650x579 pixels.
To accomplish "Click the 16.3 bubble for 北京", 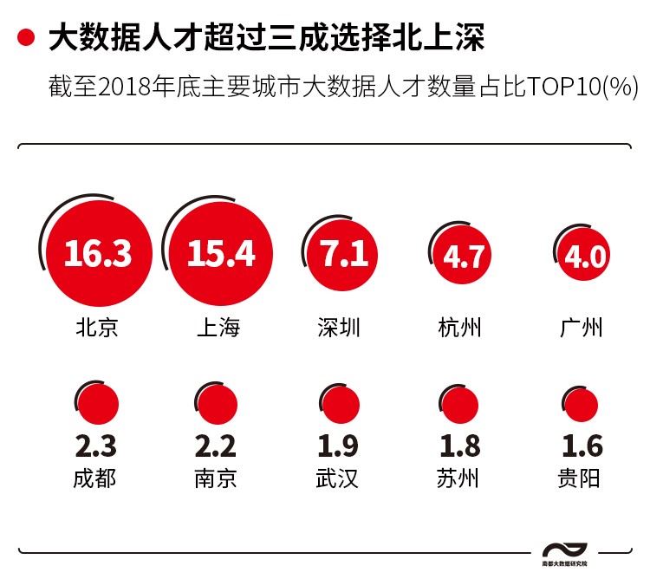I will pos(97,253).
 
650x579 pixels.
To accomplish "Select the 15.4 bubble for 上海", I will pos(220,253).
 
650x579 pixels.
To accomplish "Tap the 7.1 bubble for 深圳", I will pos(344,253).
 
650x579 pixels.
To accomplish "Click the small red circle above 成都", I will pos(97,404).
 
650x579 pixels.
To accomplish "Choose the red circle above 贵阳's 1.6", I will pos(580,406).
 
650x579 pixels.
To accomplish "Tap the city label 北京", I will pos(96,328).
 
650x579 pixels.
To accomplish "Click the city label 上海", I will pos(218,328).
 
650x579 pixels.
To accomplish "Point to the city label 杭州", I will pos(460,328).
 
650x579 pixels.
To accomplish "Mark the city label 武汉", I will pos(338,478).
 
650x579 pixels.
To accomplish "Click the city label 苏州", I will pos(458,478).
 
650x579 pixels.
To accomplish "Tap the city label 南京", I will pos(216,478).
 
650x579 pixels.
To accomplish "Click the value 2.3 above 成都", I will pos(95,446).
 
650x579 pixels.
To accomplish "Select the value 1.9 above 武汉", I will pos(338,446).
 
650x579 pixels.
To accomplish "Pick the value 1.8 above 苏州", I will pos(459,446).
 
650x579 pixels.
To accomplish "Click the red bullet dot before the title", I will pos(26,36).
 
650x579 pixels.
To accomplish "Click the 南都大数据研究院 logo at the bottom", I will pos(564,554).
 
